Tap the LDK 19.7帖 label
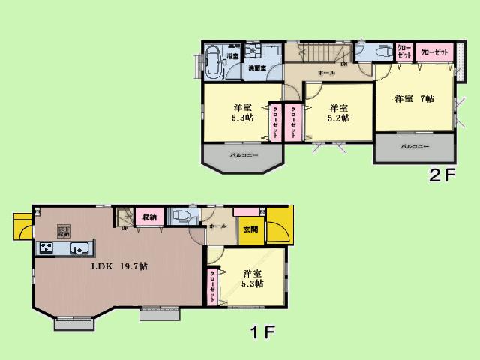pos(118,266)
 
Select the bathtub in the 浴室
pos(212,61)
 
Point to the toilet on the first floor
pos(181,217)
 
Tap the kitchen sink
pos(79,248)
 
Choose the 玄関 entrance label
pos(250,230)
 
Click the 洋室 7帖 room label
pos(414,99)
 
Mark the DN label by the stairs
pos(343,64)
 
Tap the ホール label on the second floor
pos(326,73)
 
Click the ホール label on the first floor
pos(218,225)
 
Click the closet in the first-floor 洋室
pos(213,286)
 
